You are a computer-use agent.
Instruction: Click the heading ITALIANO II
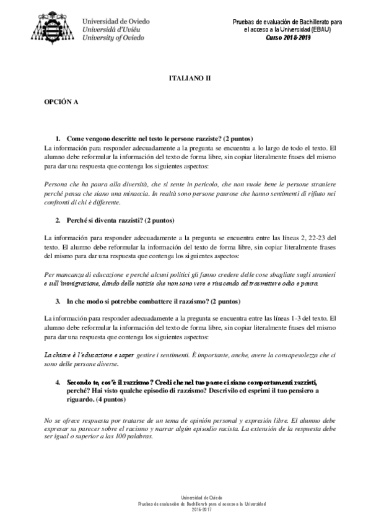pyautogui.click(x=190, y=80)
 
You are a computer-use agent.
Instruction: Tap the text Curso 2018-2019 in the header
pyautogui.click(x=288, y=37)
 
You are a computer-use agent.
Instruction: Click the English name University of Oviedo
pyautogui.click(x=113, y=37)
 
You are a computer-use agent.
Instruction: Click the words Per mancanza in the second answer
pyautogui.click(x=66, y=274)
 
